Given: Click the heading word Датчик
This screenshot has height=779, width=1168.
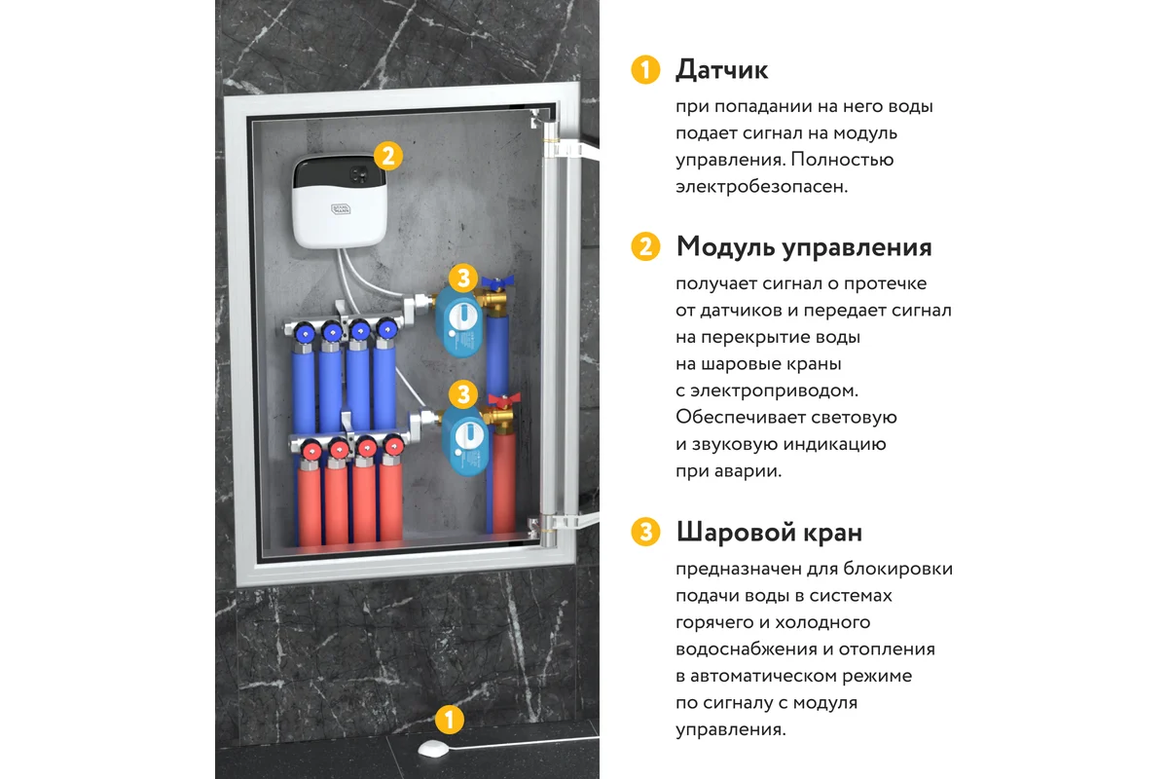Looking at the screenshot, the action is click(x=721, y=70).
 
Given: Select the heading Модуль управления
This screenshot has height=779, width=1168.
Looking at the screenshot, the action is click(x=804, y=246).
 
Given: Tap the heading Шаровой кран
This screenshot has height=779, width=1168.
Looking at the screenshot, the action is click(x=769, y=533).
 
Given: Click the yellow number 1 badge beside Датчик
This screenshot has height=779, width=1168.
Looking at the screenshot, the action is click(x=645, y=70).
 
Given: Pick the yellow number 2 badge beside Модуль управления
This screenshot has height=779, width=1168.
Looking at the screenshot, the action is click(x=645, y=246).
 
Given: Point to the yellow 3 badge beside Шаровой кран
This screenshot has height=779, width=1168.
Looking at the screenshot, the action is click(x=645, y=533).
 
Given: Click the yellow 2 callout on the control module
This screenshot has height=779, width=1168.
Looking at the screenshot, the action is click(x=388, y=156).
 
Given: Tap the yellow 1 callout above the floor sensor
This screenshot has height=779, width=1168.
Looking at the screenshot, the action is click(x=450, y=720).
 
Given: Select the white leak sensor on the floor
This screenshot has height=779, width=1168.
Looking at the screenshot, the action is click(x=433, y=749).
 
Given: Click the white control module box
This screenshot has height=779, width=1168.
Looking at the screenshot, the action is click(x=340, y=201).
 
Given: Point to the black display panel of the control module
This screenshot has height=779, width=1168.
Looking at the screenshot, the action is click(x=340, y=171).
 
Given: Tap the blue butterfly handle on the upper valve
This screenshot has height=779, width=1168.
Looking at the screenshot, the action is click(x=497, y=282).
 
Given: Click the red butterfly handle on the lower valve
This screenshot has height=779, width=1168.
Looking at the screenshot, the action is click(x=504, y=401).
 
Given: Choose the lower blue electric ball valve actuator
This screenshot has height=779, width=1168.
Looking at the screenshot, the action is click(x=465, y=440).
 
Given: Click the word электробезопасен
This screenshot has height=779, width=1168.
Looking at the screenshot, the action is click(x=762, y=187).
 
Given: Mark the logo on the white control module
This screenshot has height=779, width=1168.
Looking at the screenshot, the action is click(x=341, y=209).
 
